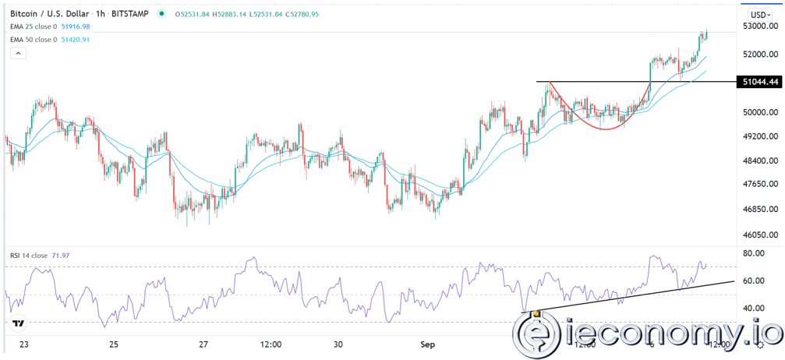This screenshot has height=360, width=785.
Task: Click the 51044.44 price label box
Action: tap(760, 81)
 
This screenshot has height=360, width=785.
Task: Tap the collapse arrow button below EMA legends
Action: tap(18, 53)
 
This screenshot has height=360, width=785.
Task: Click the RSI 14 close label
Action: tap(28, 256)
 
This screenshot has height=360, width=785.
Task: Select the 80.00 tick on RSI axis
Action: tap(753, 253)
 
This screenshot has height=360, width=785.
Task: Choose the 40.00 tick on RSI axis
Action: tap(753, 308)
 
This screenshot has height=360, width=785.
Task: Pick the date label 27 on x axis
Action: tap(203, 344)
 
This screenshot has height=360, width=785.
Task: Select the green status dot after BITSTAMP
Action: tap(161, 14)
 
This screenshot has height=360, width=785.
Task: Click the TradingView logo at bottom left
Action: tap(18, 323)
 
